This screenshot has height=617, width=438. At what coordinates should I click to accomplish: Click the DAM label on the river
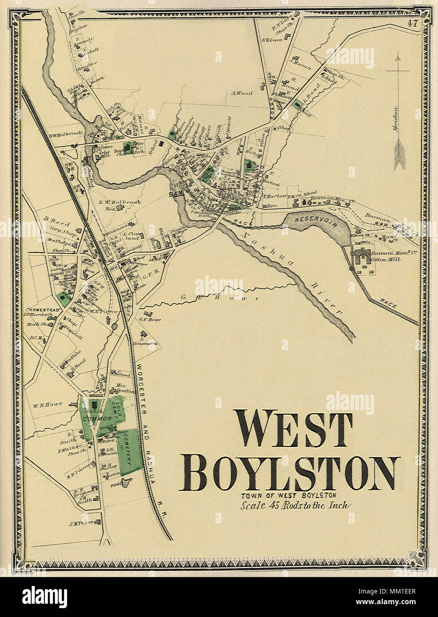[x=174, y=194]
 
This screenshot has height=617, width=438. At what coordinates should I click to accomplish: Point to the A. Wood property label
[x=242, y=93]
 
